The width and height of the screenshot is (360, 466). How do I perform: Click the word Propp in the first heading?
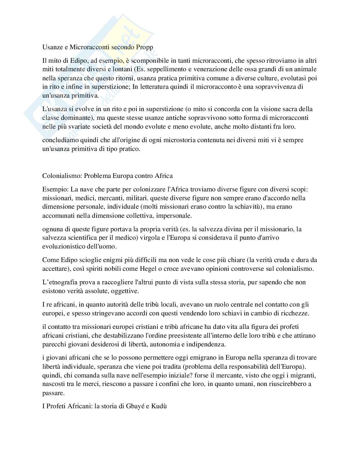[x=144, y=47]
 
